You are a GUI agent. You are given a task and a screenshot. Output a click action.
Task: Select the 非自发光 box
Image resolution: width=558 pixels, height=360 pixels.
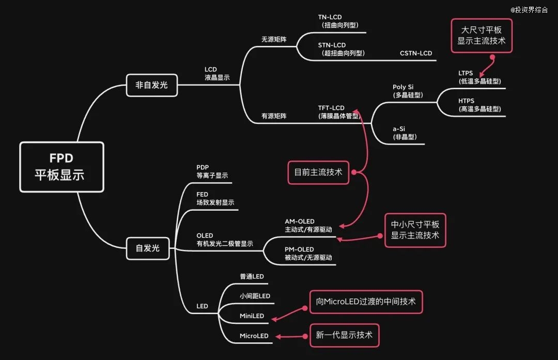151,85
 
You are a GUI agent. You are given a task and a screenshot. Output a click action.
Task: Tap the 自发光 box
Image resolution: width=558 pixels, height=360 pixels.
147,248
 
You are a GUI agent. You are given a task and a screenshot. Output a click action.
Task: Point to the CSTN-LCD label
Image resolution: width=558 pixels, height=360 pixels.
415,53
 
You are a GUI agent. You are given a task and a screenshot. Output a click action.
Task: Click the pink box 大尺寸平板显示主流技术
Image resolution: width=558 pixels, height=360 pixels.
481,36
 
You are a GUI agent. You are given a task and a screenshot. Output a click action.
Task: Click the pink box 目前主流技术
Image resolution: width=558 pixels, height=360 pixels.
318,173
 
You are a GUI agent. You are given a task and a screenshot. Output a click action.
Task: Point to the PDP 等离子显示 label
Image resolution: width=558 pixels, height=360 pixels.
212,171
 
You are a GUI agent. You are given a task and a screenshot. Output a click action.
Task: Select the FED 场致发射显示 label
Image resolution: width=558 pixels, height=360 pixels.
215,198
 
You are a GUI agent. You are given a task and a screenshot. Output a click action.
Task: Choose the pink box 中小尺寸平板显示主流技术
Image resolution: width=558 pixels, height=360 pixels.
415,230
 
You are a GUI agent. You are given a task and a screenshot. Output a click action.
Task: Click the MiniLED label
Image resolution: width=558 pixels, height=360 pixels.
252,316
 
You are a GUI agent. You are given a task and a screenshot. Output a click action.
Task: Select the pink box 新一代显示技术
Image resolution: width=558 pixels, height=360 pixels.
344,335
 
